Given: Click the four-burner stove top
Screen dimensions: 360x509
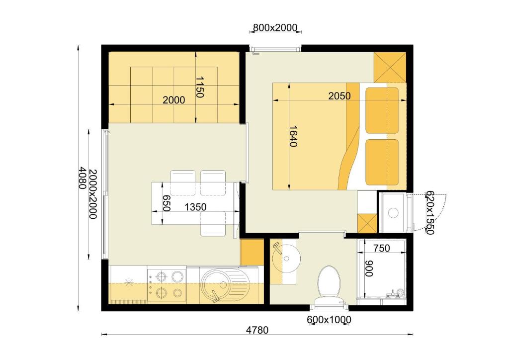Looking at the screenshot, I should click(x=167, y=284).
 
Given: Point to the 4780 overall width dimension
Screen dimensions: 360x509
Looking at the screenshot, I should click(x=257, y=330).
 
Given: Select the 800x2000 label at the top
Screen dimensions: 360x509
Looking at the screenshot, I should click(x=275, y=28).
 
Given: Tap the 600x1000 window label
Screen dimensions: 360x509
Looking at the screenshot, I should click(x=329, y=320).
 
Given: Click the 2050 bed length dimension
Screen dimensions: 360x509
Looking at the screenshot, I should click(x=339, y=96).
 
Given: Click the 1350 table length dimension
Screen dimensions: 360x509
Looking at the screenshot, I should click(x=195, y=207).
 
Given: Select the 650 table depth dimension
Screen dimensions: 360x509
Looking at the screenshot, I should click(x=167, y=203).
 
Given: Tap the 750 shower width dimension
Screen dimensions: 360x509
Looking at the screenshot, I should click(x=381, y=248).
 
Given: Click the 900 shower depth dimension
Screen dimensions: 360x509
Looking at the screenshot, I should click(x=369, y=269).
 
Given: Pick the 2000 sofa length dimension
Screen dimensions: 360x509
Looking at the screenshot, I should click(x=173, y=100).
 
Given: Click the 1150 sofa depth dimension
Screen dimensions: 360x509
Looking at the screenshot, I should click(x=199, y=87).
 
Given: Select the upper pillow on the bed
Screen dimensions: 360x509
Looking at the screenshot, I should click(x=382, y=110).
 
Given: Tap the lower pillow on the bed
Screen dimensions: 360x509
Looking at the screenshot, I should click(x=382, y=162).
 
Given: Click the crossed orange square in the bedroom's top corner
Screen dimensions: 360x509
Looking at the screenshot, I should click(x=390, y=67).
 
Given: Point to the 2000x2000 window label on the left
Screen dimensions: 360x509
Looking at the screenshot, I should click(x=93, y=194).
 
